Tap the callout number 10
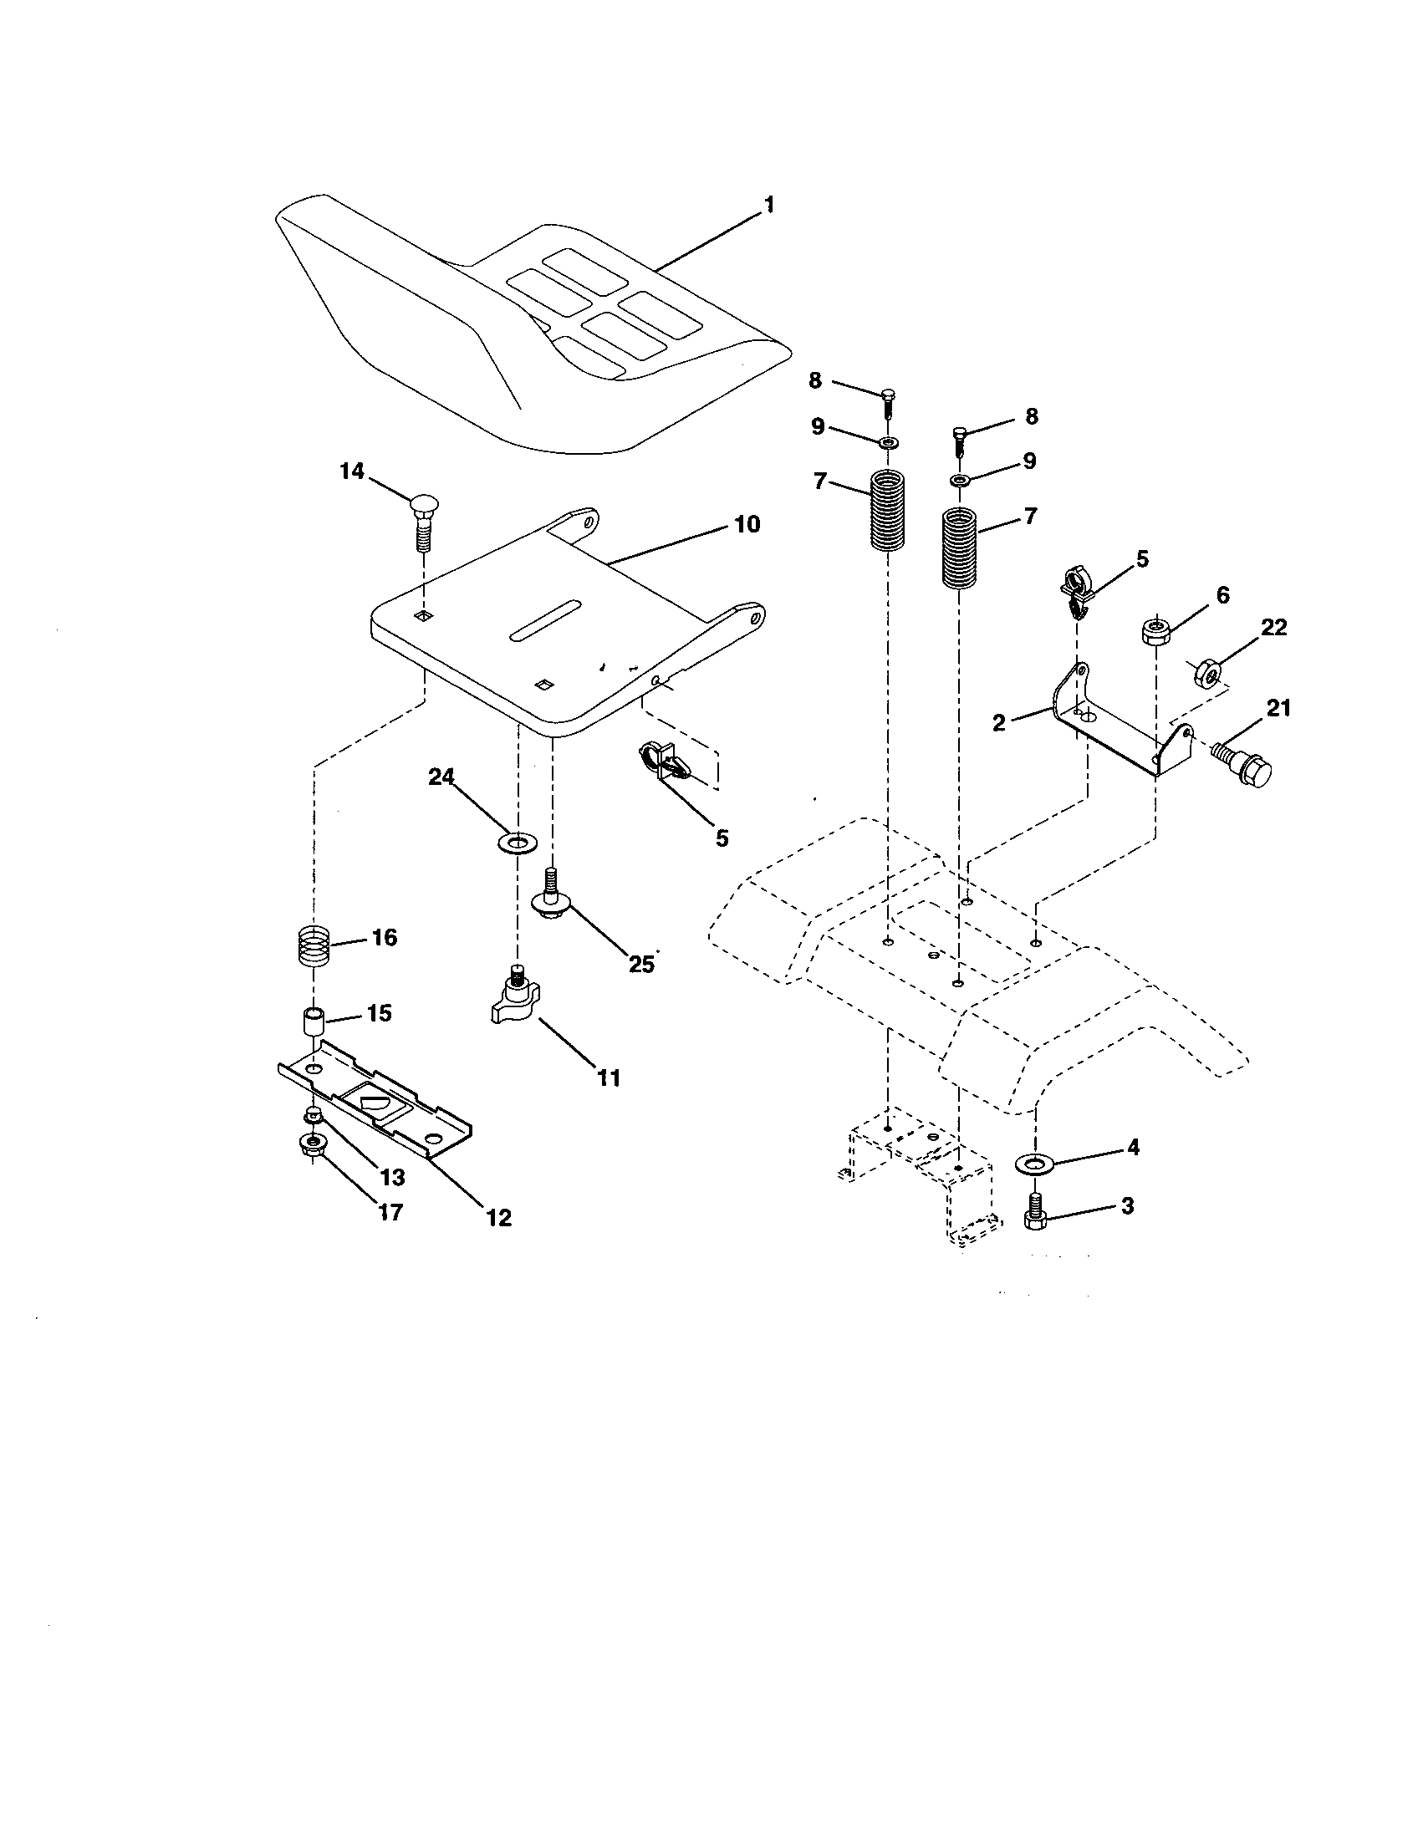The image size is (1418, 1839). click(747, 524)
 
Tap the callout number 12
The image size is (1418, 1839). click(499, 1218)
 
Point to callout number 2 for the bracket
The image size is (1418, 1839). click(998, 722)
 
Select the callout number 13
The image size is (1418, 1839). click(391, 1176)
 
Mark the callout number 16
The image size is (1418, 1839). click(384, 937)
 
